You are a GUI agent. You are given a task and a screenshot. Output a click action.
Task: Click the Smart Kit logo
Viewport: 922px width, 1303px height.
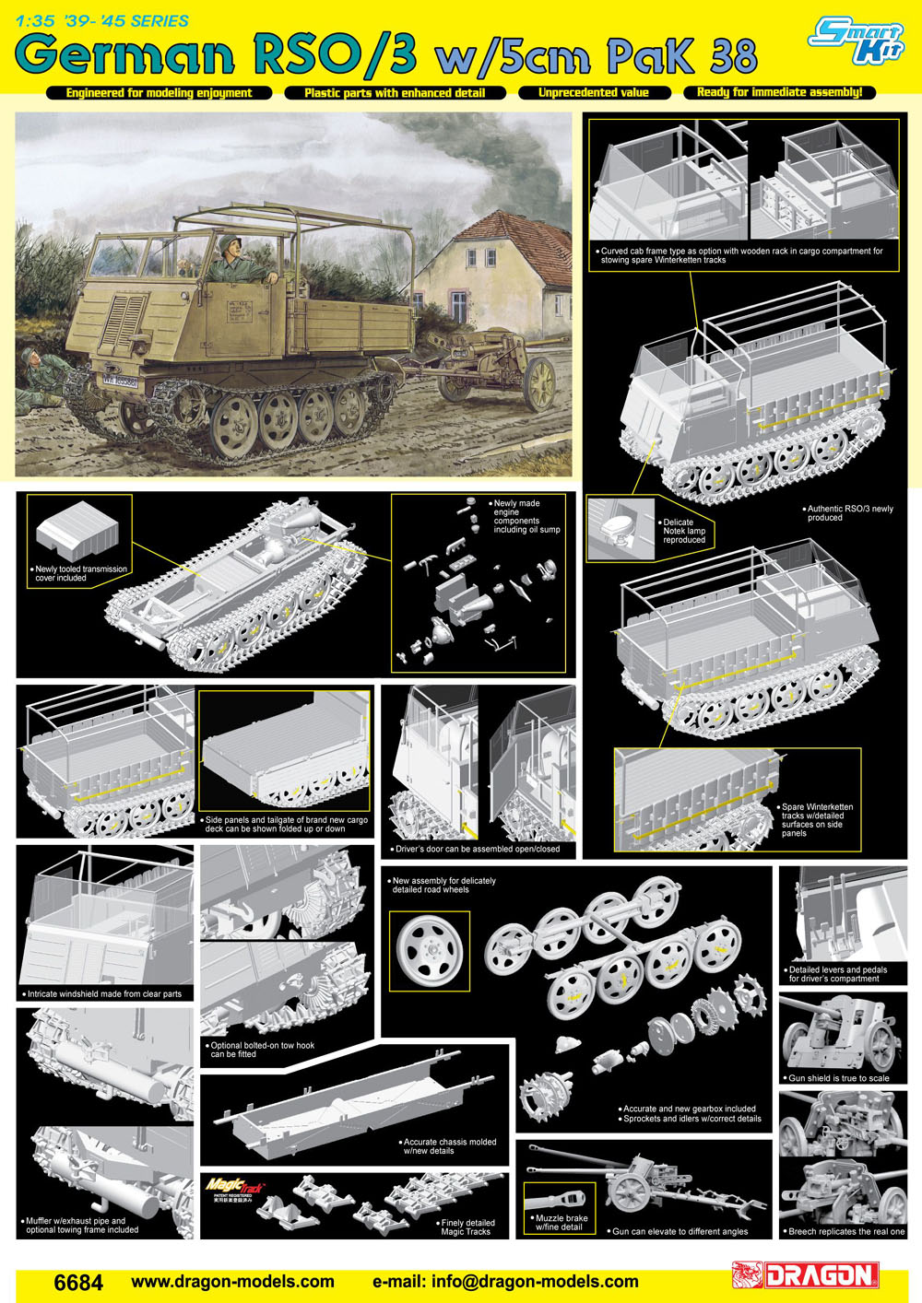[856, 40]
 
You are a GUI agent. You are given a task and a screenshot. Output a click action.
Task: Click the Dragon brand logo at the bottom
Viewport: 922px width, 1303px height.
[805, 1275]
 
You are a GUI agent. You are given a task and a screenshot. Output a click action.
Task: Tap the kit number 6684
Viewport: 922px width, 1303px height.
[78, 1282]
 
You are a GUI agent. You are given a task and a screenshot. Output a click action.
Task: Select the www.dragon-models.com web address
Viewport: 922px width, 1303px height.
[233, 1281]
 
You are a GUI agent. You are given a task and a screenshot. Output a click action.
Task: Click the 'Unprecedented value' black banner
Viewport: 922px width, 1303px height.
[594, 92]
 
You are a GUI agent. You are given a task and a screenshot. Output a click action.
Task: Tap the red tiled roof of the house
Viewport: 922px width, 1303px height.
[513, 244]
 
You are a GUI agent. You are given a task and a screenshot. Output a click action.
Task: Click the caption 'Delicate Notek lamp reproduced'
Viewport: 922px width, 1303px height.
[683, 531]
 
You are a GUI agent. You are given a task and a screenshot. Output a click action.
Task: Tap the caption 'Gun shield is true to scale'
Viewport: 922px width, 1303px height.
[838, 1077]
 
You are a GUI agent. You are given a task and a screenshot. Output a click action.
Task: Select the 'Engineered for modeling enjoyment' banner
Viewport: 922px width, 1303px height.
[159, 93]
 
